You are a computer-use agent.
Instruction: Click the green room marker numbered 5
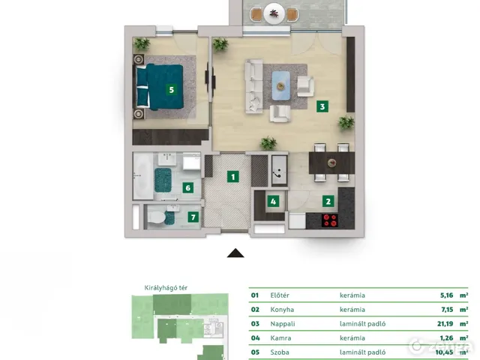pos(172,90)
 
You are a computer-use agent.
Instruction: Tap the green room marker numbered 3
pos(322,106)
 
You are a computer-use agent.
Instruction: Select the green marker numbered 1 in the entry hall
pos(233,177)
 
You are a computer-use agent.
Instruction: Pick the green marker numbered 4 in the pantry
pos(273,202)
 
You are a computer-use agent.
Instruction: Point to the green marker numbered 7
pos(193,217)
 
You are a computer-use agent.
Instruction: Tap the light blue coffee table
pos(280,85)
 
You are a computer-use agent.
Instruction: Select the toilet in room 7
pos(157,217)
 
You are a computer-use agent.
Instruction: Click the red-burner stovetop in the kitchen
pos(330,220)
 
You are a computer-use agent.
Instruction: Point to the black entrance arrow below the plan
pos(235,253)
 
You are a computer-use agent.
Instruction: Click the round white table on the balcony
pos(274,13)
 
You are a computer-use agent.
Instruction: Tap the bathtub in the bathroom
pos(143,176)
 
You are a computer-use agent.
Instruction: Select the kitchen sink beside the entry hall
pos(279,170)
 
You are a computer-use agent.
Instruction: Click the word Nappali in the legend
pos(283,324)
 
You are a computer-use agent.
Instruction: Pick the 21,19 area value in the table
pos(445,324)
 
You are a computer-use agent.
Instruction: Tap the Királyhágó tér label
pos(166,288)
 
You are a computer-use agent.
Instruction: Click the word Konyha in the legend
pos(282,310)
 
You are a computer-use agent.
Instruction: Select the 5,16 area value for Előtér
pos(447,295)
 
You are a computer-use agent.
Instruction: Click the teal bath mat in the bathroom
pos(163,180)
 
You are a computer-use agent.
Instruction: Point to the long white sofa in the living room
pos(254,86)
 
